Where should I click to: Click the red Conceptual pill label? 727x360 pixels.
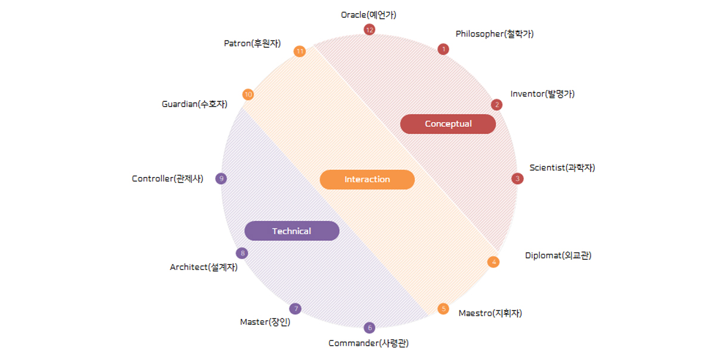[448, 124]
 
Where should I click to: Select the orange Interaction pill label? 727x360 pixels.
[367, 179]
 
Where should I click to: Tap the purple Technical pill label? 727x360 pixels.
[291, 231]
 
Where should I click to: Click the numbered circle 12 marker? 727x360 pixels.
[369, 29]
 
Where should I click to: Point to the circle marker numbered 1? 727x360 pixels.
[443, 49]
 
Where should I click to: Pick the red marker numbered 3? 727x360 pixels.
[517, 178]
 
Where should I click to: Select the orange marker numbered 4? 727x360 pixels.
[493, 262]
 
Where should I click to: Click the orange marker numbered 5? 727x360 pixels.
[443, 309]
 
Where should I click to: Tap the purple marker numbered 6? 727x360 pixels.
[369, 327]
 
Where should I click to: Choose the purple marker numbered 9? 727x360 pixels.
[221, 178]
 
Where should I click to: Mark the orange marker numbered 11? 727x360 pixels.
[300, 51]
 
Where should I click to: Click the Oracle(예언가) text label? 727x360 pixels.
[368, 15]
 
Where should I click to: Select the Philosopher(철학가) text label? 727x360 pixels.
[495, 34]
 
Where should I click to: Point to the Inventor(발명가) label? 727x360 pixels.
[542, 94]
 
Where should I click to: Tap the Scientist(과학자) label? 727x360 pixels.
[562, 167]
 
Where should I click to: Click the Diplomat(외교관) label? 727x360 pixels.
[558, 256]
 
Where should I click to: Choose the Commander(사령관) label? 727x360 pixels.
[368, 343]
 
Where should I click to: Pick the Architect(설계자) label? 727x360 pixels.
[204, 267]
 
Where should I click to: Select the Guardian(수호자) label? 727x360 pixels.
[194, 104]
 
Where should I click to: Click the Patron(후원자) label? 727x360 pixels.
[252, 43]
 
